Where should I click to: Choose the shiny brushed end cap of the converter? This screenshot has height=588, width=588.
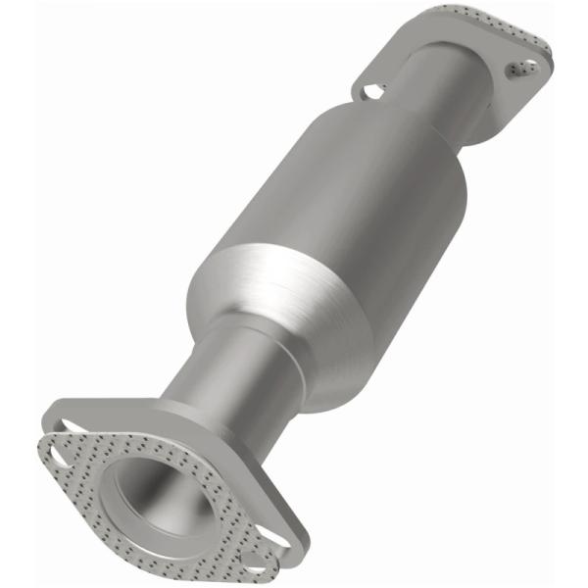(x=260, y=284)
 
